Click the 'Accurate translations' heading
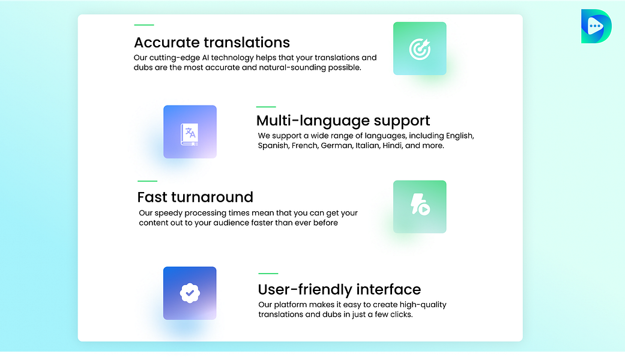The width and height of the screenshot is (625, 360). click(211, 43)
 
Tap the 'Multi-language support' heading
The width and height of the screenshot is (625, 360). click(343, 121)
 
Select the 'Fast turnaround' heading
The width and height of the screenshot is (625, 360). click(195, 197)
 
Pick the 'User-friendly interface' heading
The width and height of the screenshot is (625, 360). click(339, 290)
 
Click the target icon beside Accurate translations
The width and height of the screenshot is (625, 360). click(420, 49)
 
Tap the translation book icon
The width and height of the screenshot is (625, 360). click(190, 132)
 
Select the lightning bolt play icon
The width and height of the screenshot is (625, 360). click(420, 206)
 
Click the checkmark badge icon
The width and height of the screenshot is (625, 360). click(190, 293)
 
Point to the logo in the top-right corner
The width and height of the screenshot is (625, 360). click(596, 26)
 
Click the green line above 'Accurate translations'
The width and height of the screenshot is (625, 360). click(144, 25)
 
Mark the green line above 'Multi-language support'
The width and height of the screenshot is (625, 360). click(266, 107)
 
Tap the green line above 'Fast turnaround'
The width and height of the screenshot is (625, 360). click(147, 181)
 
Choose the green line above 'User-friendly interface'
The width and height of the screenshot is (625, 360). click(268, 274)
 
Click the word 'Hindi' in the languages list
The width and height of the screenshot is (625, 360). click(393, 146)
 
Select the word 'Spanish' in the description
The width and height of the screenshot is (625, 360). click(273, 146)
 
